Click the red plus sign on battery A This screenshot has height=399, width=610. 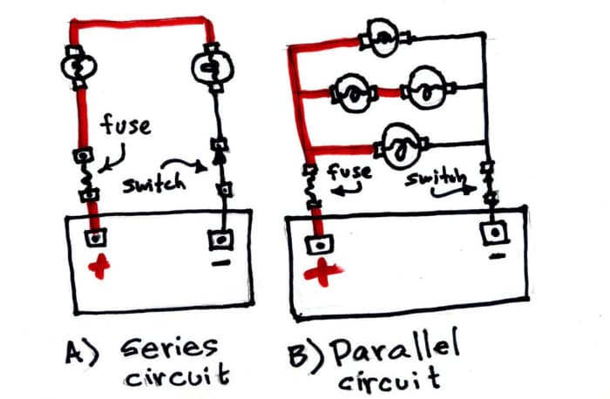pos(102,265)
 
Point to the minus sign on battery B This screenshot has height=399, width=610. pos(497,257)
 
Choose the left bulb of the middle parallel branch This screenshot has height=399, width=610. pos(352,91)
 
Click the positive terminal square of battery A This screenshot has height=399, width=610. pos(93,237)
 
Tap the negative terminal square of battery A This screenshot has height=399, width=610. pos(221,237)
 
